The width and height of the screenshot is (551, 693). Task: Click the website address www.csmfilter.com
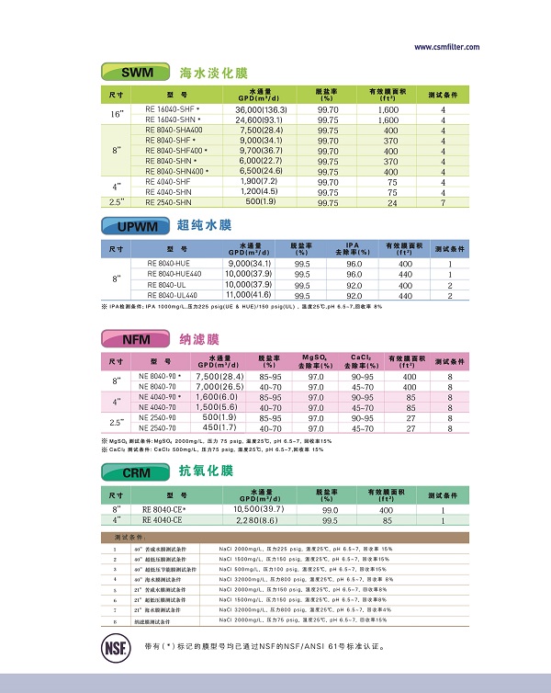click(x=446, y=48)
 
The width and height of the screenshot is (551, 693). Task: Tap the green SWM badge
click(x=134, y=72)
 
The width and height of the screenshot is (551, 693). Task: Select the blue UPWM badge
click(x=135, y=226)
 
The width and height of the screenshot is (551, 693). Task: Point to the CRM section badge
click(x=134, y=472)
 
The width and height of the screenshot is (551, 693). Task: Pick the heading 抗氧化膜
click(x=206, y=472)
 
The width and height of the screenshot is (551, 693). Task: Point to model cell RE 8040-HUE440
click(x=174, y=274)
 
